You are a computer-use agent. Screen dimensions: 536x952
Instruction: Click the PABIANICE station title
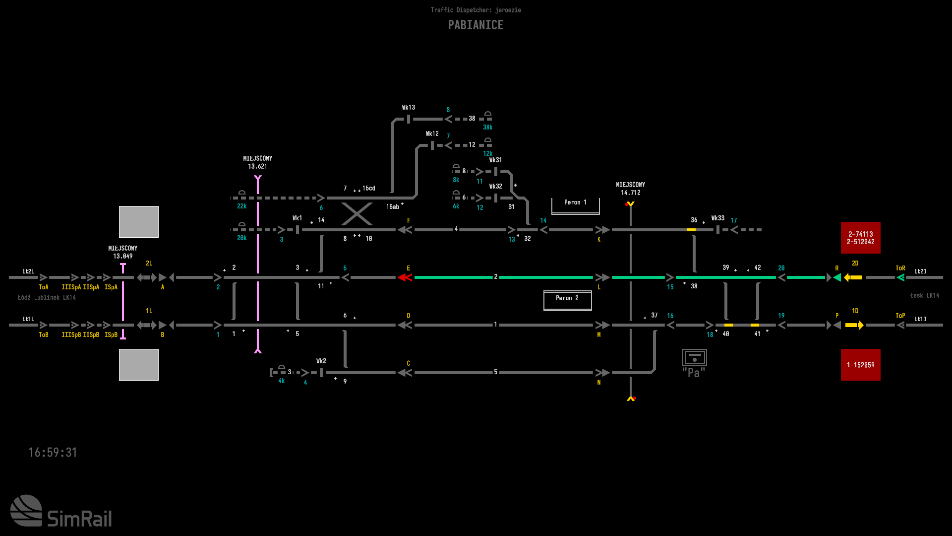click(476, 25)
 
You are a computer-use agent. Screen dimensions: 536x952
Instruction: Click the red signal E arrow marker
click(405, 277)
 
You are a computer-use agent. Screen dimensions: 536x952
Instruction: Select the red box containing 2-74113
click(860, 238)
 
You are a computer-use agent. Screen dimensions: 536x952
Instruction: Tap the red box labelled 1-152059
click(860, 365)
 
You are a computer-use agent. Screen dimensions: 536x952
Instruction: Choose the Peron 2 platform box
click(567, 300)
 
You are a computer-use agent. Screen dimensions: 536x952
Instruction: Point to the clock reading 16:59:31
click(53, 452)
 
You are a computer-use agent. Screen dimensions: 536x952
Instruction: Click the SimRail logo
click(61, 511)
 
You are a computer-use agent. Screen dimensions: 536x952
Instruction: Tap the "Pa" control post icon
click(694, 363)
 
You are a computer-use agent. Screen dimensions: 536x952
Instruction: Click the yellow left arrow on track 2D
click(853, 277)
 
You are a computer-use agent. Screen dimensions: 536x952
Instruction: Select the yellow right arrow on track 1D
click(854, 325)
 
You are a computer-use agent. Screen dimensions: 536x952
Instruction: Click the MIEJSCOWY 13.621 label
click(257, 162)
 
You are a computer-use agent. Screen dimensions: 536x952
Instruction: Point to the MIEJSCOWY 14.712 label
click(630, 189)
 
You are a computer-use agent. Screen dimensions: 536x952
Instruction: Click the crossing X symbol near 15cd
click(357, 214)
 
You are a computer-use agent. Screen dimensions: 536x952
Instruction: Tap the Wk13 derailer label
click(408, 107)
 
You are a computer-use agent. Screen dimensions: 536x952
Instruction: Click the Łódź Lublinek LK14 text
click(47, 297)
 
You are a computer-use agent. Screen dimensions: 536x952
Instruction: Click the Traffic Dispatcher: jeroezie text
click(476, 10)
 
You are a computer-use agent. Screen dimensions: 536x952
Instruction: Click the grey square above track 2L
click(139, 222)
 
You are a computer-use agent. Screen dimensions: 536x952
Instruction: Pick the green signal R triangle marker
click(837, 277)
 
